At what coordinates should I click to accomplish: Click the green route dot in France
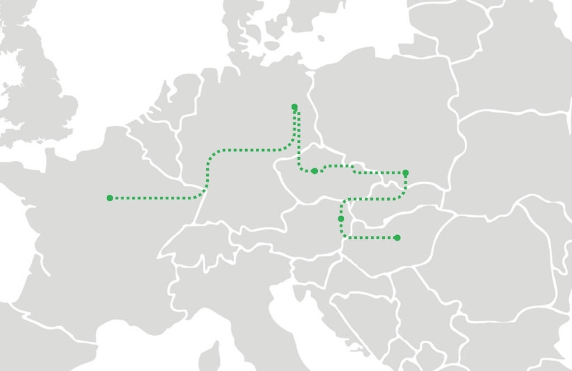coord(110,198)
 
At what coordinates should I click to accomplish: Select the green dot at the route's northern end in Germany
coord(294,107)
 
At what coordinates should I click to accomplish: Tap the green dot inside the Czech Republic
coord(314,171)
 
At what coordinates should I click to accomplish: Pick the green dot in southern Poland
coord(406,173)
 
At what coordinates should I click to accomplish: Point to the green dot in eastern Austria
coord(341,219)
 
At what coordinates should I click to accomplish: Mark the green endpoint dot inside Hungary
coord(397,238)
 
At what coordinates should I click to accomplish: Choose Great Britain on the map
coord(39,95)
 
